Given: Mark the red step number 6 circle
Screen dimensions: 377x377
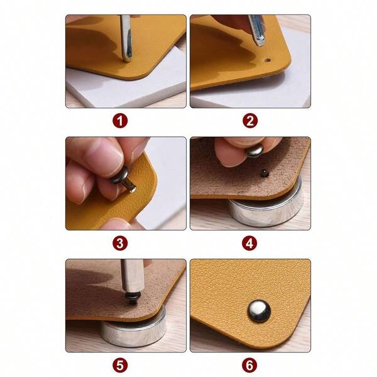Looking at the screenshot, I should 251,365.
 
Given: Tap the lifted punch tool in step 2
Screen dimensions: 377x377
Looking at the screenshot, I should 256,28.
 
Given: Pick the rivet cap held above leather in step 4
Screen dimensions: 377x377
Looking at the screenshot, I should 254,151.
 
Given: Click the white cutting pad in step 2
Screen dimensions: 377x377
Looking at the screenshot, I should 264,91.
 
